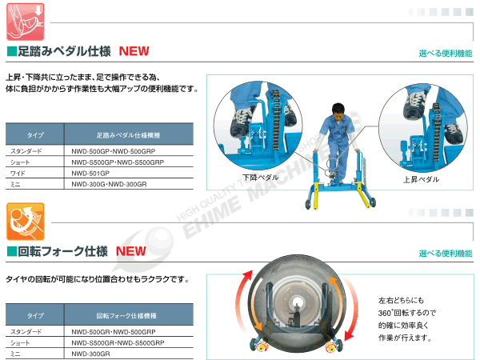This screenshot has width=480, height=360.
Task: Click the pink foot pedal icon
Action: pos(26,22)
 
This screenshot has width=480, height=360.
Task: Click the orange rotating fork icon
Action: pos(26,222)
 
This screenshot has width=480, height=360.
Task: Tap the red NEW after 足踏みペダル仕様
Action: pos(134,51)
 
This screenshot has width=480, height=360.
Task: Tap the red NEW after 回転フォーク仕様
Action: pos(130,251)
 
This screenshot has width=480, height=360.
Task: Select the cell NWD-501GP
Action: pos(90,174)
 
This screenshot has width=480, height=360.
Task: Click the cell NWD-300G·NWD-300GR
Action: pos(109,184)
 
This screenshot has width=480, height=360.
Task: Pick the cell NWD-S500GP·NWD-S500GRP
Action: pos(118,162)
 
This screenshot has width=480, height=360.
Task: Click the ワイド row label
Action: pos(18,174)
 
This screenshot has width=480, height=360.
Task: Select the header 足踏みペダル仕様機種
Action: pos(128,135)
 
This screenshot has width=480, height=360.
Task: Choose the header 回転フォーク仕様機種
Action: pos(126,316)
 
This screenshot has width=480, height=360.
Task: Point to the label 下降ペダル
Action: pos(261,178)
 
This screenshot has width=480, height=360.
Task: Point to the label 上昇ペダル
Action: pos(421,179)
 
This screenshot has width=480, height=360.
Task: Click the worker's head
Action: pos(338,110)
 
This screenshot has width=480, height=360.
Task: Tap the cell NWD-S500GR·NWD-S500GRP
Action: pos(118,343)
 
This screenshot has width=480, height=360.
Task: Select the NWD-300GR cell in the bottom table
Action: pos(90,354)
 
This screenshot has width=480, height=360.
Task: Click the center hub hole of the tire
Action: pos(296,304)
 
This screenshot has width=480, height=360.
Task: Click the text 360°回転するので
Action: pos(407,313)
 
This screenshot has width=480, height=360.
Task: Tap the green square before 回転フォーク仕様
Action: pos(12,251)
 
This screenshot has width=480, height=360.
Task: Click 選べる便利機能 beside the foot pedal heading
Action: pos(446,54)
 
